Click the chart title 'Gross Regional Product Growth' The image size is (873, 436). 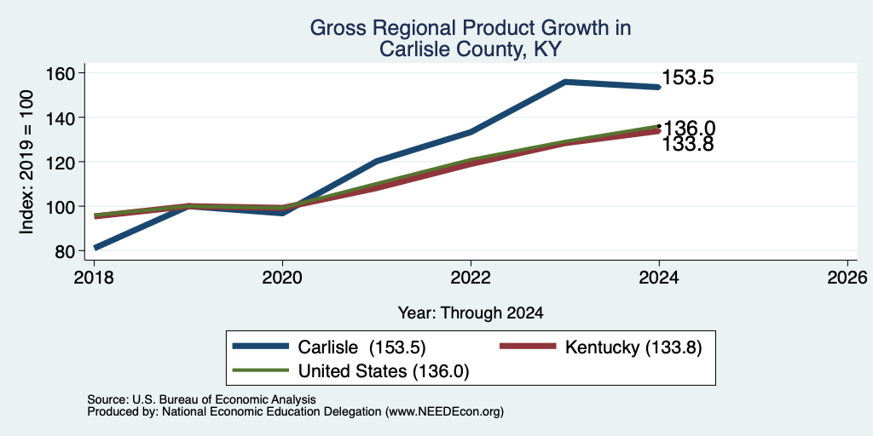click(x=471, y=28)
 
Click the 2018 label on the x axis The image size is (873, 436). click(x=94, y=277)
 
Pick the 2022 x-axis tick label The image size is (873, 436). click(x=471, y=277)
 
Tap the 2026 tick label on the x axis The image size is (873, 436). click(x=848, y=277)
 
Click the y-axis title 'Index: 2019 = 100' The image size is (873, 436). click(x=26, y=162)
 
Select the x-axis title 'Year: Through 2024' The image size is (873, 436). click(x=471, y=313)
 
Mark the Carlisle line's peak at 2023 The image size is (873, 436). click(x=565, y=82)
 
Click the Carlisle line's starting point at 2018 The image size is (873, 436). click(x=95, y=248)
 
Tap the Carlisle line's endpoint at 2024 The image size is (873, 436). click(x=659, y=87)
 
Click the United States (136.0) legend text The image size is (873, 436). click(x=384, y=371)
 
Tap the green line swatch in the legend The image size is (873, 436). click(x=261, y=370)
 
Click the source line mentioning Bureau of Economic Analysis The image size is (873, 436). click(x=201, y=399)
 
